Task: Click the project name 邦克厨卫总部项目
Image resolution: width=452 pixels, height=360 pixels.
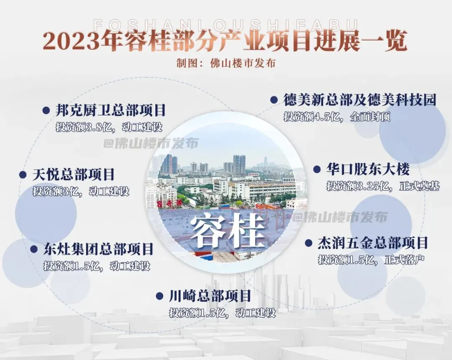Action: tap(110, 111)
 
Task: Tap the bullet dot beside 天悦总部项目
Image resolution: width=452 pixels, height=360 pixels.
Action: tap(23, 175)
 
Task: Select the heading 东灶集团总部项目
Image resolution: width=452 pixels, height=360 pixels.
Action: tap(98, 249)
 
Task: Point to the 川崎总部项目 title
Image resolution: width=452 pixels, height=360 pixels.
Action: tap(210, 296)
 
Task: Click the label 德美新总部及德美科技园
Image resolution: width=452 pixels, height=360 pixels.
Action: tap(360, 100)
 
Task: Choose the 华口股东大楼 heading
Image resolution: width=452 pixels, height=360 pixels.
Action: tap(368, 169)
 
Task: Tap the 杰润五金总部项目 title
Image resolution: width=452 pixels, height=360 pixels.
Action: tap(372, 243)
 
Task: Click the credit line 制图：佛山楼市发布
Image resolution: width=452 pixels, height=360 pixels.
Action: tap(226, 63)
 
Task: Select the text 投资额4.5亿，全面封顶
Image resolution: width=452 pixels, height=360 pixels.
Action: tap(336, 117)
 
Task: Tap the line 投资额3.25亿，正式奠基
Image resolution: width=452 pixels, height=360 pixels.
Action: tap(383, 186)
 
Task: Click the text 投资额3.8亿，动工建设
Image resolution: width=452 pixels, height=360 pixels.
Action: tap(109, 127)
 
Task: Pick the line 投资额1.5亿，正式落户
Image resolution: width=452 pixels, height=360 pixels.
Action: tap(371, 260)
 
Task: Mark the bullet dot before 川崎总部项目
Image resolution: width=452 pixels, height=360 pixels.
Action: tap(159, 296)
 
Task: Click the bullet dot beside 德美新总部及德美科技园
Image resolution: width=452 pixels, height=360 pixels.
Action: tap(274, 100)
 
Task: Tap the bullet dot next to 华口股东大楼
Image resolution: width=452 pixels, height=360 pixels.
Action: tap(317, 169)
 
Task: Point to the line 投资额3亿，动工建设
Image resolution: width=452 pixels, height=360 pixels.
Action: tap(81, 191)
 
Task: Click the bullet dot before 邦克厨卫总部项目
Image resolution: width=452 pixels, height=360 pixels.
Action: tap(46, 111)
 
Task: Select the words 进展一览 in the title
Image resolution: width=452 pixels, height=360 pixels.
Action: tap(360, 41)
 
